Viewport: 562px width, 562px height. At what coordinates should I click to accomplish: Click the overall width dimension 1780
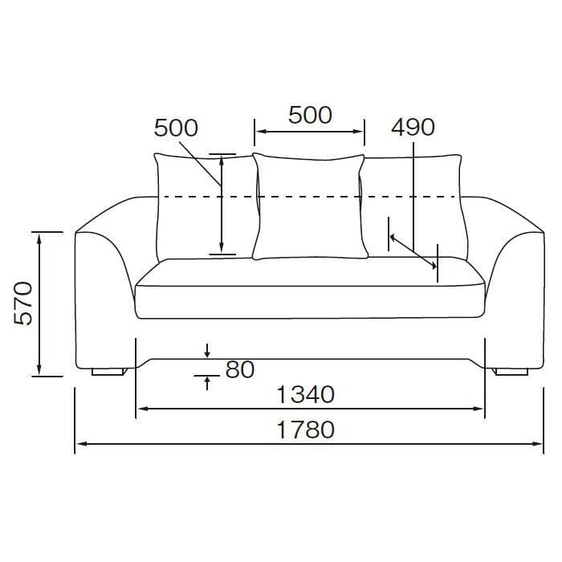click(306, 430)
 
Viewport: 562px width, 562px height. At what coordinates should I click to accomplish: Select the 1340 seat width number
click(306, 394)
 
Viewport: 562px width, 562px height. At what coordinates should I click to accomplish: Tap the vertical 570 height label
click(23, 303)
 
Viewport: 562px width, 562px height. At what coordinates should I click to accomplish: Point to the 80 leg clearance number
click(240, 369)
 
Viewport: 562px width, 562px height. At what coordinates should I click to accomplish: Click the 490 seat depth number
click(413, 127)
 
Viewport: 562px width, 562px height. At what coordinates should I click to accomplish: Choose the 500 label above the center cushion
click(310, 116)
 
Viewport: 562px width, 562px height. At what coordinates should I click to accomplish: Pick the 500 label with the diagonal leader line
click(176, 128)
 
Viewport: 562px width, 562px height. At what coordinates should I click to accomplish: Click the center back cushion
click(310, 206)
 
